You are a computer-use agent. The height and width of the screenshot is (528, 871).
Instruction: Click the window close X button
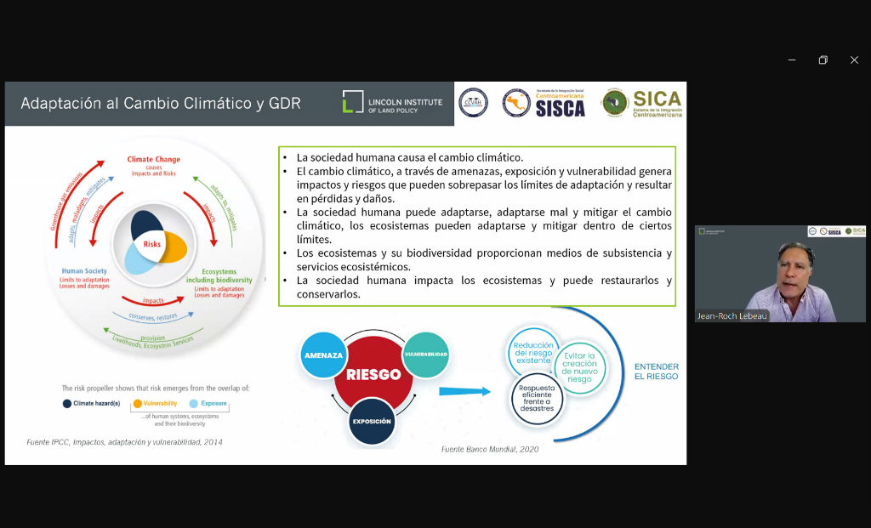pyautogui.click(x=854, y=60)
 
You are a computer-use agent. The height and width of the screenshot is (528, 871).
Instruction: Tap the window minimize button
pyautogui.click(x=792, y=60)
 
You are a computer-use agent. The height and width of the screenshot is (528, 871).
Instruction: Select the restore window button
pyautogui.click(x=823, y=60)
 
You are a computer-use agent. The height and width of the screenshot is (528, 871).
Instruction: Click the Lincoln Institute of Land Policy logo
pyautogui.click(x=392, y=103)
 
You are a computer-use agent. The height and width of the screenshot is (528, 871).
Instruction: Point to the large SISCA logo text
pyautogui.click(x=560, y=108)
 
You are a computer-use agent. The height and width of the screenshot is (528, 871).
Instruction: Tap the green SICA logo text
pyautogui.click(x=657, y=99)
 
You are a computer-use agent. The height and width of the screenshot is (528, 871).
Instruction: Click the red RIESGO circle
pyautogui.click(x=373, y=374)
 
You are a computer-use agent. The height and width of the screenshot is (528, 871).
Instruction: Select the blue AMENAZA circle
pyautogui.click(x=323, y=355)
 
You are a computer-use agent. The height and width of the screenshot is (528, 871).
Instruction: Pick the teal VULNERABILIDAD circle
pyautogui.click(x=425, y=355)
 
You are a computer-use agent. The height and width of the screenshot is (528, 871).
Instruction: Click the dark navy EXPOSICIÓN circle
pyautogui.click(x=372, y=421)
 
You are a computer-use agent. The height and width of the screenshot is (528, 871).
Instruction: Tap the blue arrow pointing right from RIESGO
pyautogui.click(x=465, y=391)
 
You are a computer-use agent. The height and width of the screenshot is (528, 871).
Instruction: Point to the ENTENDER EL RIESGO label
pyautogui.click(x=657, y=372)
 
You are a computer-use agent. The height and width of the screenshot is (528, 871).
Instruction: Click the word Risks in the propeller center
pyautogui.click(x=152, y=244)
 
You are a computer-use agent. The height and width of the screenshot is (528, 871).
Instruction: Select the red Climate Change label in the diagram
pyautogui.click(x=153, y=159)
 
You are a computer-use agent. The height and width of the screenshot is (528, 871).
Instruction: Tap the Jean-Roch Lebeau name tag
pyautogui.click(x=732, y=316)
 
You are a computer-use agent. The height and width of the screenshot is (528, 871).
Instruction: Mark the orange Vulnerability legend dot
pyautogui.click(x=137, y=403)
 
